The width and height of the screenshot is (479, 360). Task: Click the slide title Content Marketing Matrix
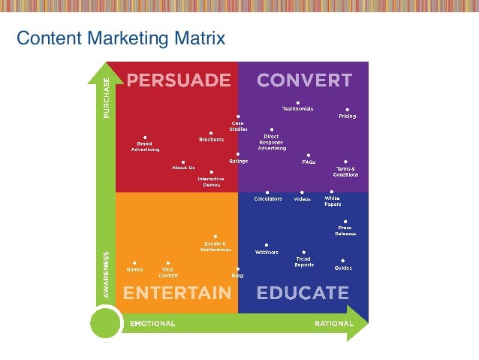(x=121, y=37)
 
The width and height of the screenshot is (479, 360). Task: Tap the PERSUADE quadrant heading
(x=178, y=80)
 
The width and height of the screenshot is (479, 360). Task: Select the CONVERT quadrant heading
(x=304, y=80)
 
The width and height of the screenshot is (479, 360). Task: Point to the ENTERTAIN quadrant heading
(x=177, y=292)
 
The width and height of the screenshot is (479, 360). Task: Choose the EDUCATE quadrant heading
(x=303, y=292)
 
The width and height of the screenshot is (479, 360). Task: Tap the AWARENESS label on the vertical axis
(x=106, y=275)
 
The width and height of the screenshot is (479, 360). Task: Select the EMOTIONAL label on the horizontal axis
(x=152, y=324)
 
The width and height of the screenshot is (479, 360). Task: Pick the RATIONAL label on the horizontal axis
(x=334, y=324)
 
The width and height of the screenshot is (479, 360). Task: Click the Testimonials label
(x=297, y=109)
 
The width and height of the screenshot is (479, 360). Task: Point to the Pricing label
(x=347, y=116)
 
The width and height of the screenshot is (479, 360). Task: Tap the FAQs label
(x=308, y=162)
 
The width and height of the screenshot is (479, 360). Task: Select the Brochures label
(x=211, y=140)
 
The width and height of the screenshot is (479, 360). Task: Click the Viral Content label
(x=168, y=272)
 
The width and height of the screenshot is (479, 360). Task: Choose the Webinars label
(x=267, y=253)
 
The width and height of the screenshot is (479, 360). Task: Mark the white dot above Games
(x=134, y=262)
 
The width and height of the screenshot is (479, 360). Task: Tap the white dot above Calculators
(x=267, y=192)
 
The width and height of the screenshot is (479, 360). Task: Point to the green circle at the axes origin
(x=106, y=324)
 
